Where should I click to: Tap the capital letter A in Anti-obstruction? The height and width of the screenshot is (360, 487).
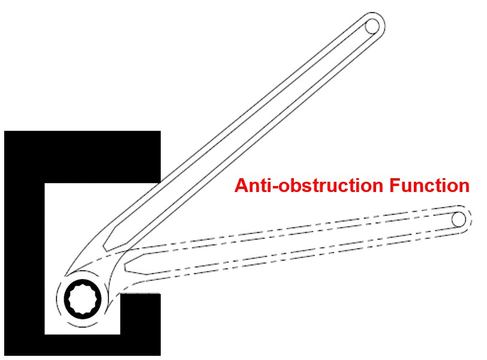point(241,186)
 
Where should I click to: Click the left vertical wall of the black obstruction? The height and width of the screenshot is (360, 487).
point(24,252)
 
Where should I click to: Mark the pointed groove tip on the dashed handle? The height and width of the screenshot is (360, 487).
point(125,263)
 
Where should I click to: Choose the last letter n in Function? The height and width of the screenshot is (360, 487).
point(463,186)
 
